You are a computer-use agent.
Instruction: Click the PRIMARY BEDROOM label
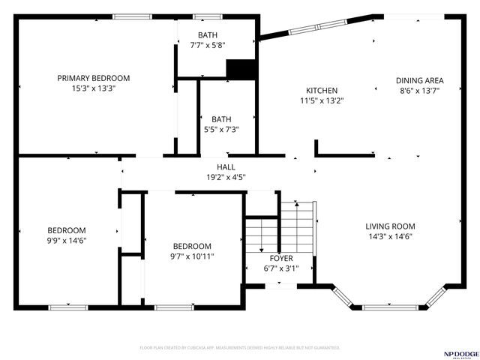[94, 78]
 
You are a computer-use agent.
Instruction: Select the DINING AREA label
[420, 80]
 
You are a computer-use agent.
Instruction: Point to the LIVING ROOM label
[390, 226]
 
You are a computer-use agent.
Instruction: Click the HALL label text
[226, 167]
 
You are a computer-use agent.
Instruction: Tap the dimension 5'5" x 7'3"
[221, 129]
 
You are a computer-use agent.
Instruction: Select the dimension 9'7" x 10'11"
[192, 256]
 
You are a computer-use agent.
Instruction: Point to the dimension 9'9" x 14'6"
[67, 241]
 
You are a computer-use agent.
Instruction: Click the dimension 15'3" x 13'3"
[94, 88]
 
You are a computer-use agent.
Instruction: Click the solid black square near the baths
[241, 69]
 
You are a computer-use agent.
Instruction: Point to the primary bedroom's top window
[128, 16]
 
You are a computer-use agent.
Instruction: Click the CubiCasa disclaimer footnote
[240, 348]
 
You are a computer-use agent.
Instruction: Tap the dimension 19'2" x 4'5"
[226, 177]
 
